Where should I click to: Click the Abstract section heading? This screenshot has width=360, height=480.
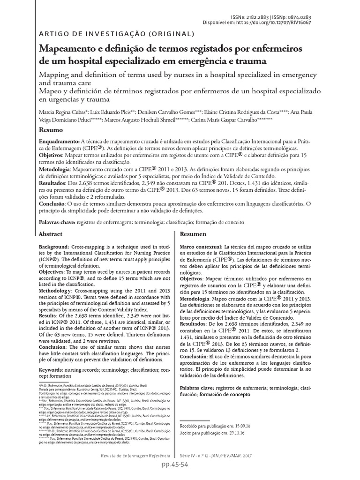[50, 233]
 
